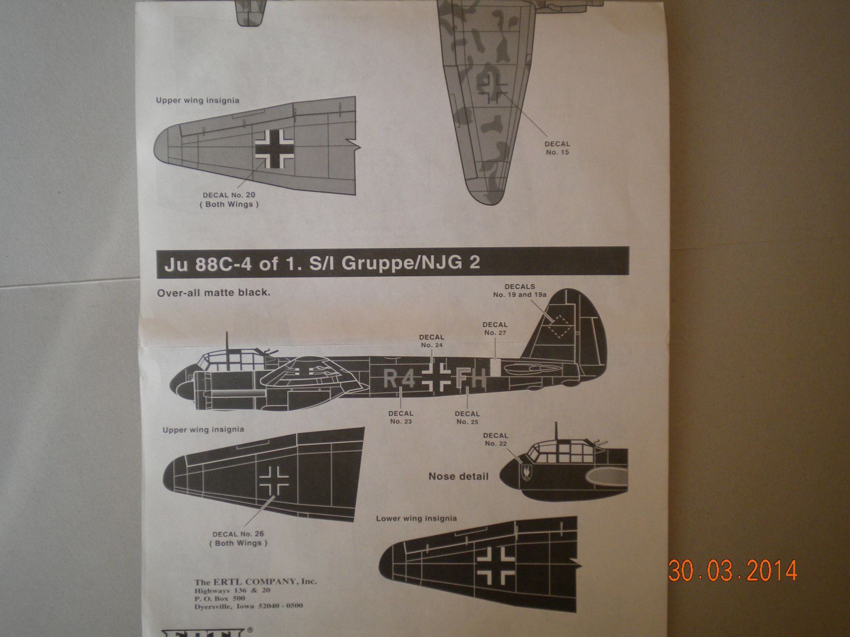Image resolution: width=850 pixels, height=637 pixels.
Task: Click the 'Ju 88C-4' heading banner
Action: pos(393,263)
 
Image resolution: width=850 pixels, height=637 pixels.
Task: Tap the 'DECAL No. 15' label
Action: pos(557,148)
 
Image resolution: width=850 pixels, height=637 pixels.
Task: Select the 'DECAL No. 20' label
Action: pos(229,200)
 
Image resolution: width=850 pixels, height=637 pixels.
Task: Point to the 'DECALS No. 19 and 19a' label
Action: pos(520,290)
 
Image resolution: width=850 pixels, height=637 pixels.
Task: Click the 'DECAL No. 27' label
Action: pos(495,329)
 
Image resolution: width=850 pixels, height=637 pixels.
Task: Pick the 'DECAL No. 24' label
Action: pos(431,341)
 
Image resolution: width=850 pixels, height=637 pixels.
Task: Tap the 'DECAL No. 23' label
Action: pos(401,417)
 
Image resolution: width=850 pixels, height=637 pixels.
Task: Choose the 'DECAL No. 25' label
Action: pos(467,417)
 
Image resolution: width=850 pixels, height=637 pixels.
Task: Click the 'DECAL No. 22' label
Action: pos(495,439)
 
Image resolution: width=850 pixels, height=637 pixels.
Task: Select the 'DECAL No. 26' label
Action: pos(238,538)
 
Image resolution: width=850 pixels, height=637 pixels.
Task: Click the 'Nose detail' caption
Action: pos(458,476)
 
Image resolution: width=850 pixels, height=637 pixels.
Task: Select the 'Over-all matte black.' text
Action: pos(214,292)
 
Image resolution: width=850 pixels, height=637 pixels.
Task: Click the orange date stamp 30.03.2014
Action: pos(733,571)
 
